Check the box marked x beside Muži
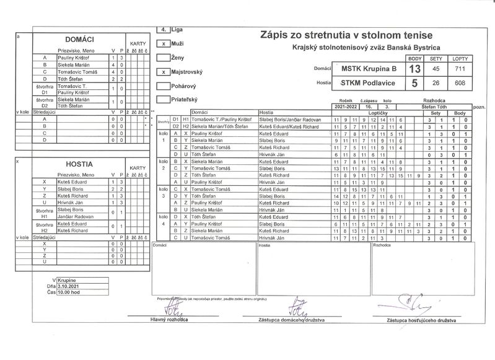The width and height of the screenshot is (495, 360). [162, 44]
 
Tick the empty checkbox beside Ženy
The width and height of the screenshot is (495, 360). [162, 58]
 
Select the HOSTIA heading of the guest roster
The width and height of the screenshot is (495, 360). [79, 164]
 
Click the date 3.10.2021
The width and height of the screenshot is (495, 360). [69, 286]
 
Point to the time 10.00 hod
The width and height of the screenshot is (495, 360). [69, 292]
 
